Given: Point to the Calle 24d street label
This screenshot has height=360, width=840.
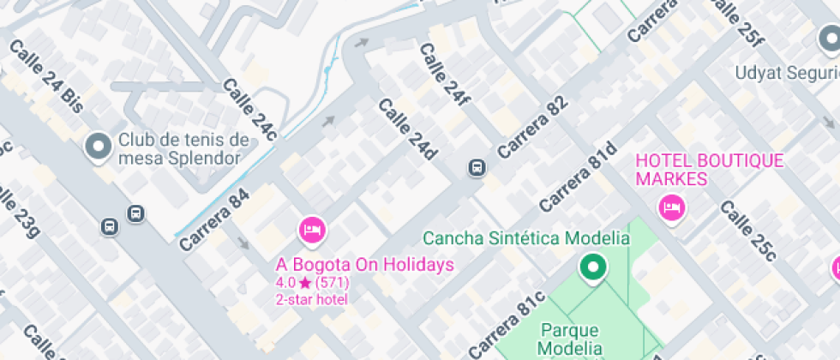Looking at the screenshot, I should click(408, 129).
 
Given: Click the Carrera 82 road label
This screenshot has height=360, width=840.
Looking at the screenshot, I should click(532, 126).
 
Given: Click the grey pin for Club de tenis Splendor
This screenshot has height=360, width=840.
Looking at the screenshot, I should click(98, 147).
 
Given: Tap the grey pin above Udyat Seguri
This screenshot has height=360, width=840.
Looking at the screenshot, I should click(828, 39).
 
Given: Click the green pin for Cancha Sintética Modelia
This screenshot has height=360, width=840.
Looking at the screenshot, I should click(591, 267).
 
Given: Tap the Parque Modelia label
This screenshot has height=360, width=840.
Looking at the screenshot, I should click(569, 339).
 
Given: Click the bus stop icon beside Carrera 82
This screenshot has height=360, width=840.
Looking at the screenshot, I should click(475, 168).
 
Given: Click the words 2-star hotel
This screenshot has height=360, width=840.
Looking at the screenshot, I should click(311, 299).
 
